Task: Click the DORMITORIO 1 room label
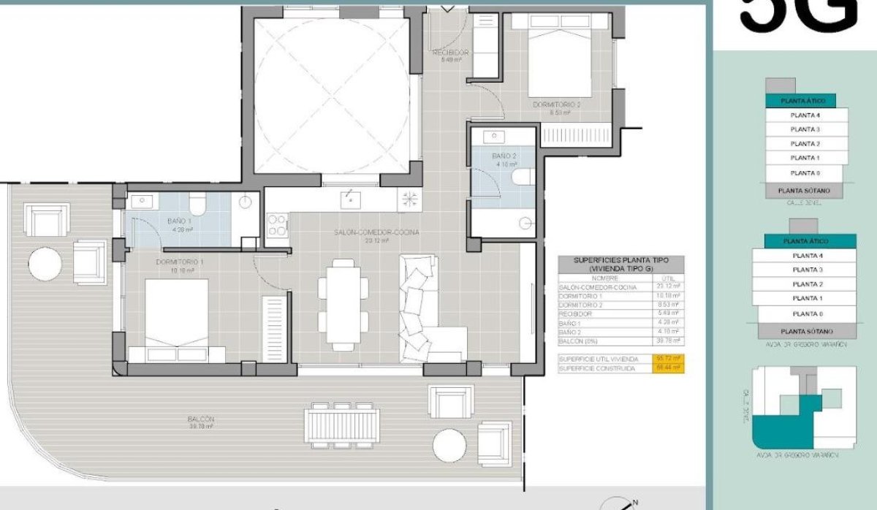tap(178, 261)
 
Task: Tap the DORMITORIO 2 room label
tap(556, 105)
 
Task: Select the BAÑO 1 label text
tap(179, 221)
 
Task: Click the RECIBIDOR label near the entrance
tap(450, 53)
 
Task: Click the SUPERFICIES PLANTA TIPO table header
tap(620, 264)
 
